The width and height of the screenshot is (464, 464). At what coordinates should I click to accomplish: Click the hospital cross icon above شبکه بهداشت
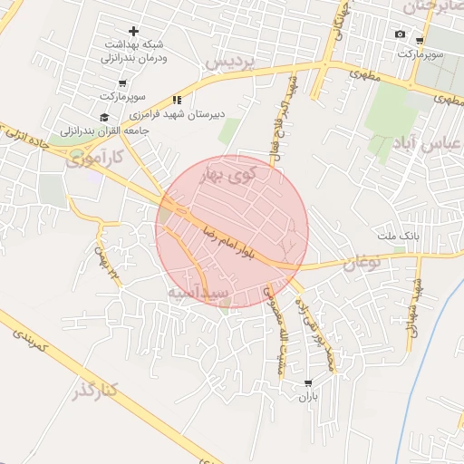click(133, 32)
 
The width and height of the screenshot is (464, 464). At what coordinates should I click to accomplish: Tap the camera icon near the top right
click(401, 34)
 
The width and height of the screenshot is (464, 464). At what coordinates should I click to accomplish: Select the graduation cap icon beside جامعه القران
click(103, 117)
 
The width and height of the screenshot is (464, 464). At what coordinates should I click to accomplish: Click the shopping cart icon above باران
click(308, 383)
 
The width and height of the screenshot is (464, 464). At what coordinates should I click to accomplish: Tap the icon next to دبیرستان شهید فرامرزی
click(178, 100)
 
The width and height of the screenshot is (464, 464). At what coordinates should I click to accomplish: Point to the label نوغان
click(362, 264)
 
